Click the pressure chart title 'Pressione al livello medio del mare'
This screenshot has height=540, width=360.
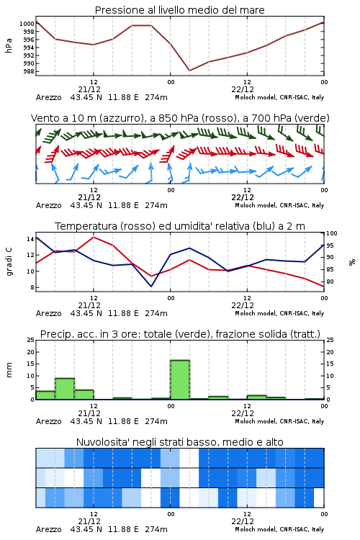pyautogui.click(x=179, y=10)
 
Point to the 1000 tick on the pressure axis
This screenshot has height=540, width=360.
pyautogui.click(x=27, y=24)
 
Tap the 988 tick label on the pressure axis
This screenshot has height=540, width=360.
pyautogui.click(x=29, y=71)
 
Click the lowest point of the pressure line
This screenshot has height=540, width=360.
pyautogui.click(x=189, y=71)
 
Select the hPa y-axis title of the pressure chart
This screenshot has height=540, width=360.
pyautogui.click(x=9, y=45)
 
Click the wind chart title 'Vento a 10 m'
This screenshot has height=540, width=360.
pyautogui.click(x=180, y=118)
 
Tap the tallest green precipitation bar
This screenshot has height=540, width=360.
pyautogui.click(x=180, y=380)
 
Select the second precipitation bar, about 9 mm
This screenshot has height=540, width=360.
pyautogui.click(x=65, y=389)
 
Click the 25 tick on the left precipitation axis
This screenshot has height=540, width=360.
pyautogui.click(x=31, y=340)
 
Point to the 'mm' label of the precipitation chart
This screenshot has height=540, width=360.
pyautogui.click(x=9, y=370)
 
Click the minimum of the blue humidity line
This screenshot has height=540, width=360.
pyautogui.click(x=151, y=286)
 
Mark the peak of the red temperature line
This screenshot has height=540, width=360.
pyautogui.click(x=94, y=237)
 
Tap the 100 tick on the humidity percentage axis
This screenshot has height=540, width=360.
pyautogui.click(x=332, y=233)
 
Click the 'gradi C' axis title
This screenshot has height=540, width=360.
pyautogui.click(x=9, y=261)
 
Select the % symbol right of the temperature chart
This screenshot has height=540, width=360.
pyautogui.click(x=352, y=262)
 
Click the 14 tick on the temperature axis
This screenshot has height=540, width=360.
pyautogui.click(x=30, y=239)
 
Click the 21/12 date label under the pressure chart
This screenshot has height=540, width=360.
pyautogui.click(x=89, y=89)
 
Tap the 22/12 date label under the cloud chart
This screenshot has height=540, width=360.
pyautogui.click(x=243, y=521)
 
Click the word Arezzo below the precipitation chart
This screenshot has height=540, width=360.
pyautogui.click(x=48, y=421)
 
